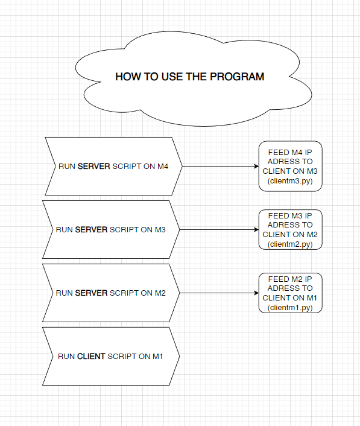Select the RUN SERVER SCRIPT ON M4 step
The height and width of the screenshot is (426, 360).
pos(113,166)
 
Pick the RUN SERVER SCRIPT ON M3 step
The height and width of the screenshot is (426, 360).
pos(110,230)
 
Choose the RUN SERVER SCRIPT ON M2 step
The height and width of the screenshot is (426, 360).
pos(110,293)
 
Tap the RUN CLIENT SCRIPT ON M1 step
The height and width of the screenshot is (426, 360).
pos(110,356)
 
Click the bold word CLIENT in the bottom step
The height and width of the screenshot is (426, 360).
pos(91,357)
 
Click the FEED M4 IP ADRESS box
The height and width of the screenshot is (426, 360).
pos(290,167)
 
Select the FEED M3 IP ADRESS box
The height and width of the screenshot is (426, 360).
pos(290,230)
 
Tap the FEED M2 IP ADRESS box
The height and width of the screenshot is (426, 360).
pos(290,293)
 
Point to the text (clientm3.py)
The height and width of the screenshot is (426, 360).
pos(290,181)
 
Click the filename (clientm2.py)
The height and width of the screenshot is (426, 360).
pos(290,244)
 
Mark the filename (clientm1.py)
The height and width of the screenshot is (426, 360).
pos(290,308)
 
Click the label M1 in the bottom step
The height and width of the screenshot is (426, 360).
pos(157,357)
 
